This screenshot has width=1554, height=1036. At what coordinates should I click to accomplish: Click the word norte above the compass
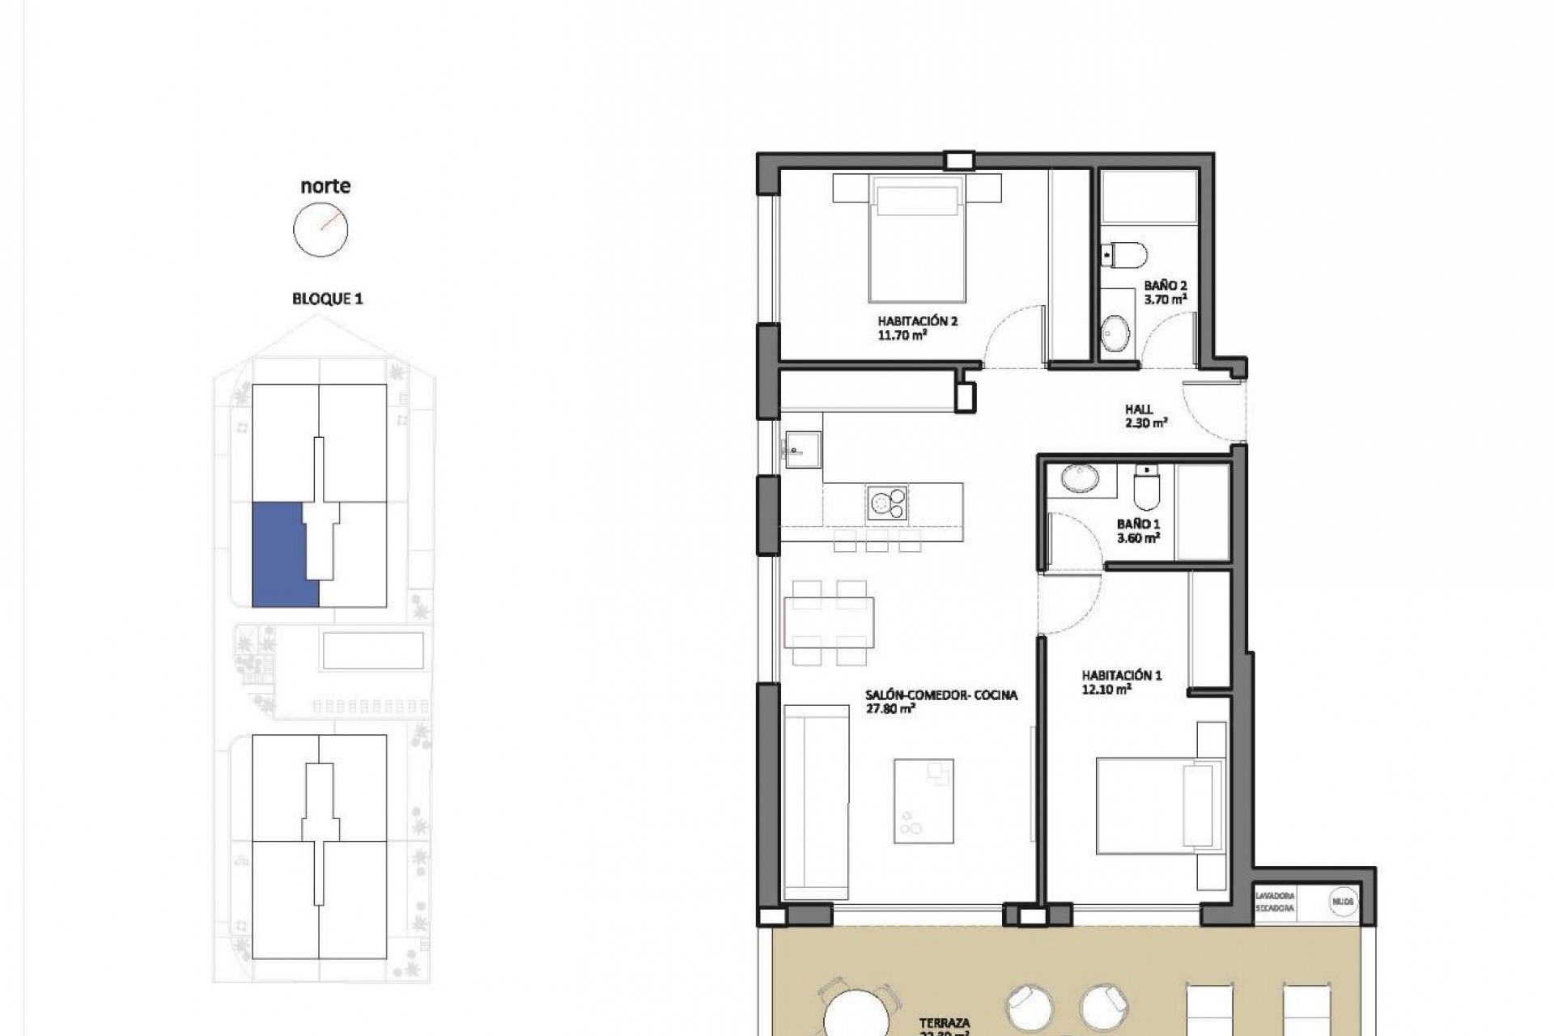tap(325, 186)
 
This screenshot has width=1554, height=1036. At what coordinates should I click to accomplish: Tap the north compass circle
tap(321, 229)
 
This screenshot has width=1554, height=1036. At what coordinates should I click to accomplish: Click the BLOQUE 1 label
tap(327, 299)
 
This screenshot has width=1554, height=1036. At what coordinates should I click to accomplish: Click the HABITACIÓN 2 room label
tap(918, 321)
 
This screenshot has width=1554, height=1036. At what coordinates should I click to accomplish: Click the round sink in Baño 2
tap(1116, 333)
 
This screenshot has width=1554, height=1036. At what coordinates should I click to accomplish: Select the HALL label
tap(1139, 410)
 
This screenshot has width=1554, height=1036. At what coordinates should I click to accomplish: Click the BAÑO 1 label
tap(1138, 524)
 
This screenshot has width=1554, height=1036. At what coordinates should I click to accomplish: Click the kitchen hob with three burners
tap(887, 503)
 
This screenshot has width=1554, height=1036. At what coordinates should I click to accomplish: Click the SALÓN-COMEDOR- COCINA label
tap(940, 694)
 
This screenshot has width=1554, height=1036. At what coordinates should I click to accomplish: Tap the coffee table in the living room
tap(923, 800)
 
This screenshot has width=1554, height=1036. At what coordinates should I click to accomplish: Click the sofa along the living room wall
tap(815, 801)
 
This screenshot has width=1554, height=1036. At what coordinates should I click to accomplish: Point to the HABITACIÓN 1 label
tap(1122, 675)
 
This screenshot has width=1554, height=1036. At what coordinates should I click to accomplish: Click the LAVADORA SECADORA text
tap(1275, 902)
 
